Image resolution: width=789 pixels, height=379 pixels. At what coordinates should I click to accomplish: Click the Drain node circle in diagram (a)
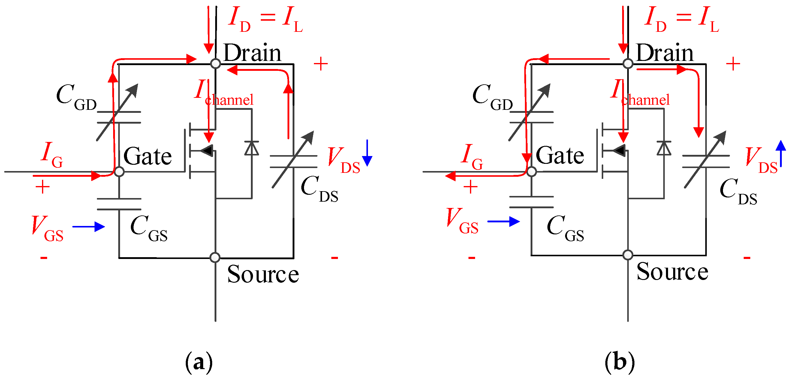215,64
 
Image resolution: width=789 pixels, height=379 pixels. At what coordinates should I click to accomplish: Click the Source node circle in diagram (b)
628,255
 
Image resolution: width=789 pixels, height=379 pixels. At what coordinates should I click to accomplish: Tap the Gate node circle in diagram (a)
119,171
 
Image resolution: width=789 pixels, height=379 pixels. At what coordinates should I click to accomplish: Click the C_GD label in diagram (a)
77,97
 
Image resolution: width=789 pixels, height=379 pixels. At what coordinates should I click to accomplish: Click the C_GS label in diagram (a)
149,229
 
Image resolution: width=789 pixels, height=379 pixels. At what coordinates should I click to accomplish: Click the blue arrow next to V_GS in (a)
89,227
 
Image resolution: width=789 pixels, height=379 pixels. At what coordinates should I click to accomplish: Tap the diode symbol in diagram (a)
251,148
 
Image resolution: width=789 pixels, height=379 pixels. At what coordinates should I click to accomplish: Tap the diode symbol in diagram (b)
664,148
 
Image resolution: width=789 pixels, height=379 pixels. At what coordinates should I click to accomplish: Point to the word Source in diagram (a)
263,274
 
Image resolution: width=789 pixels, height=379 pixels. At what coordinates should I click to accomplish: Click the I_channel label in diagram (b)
640,93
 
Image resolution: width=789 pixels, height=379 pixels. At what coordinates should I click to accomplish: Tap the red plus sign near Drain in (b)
733,64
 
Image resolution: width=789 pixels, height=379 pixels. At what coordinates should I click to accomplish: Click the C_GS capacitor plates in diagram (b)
531,202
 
